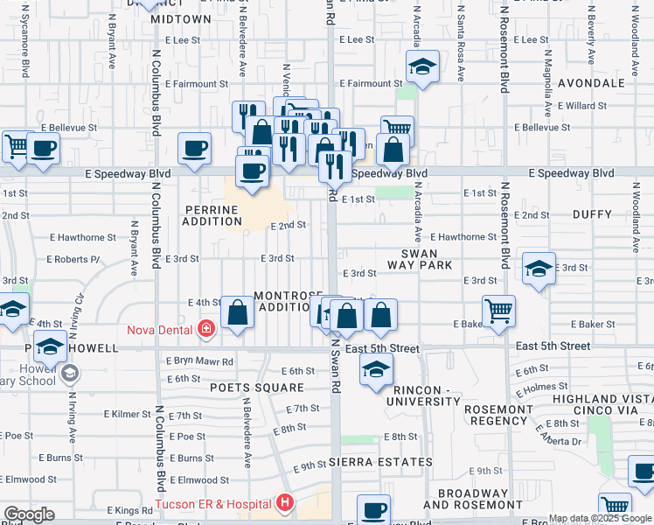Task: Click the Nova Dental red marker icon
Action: click(x=206, y=329)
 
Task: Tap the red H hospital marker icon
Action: click(x=285, y=503)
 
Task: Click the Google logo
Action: click(x=29, y=514)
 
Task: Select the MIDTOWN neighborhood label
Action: click(x=181, y=18)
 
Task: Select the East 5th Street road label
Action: click(x=383, y=348)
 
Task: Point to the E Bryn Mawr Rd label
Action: click(x=199, y=361)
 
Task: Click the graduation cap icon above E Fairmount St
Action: click(x=422, y=67)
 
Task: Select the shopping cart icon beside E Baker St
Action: click(x=498, y=310)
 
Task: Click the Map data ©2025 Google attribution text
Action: click(x=600, y=518)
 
